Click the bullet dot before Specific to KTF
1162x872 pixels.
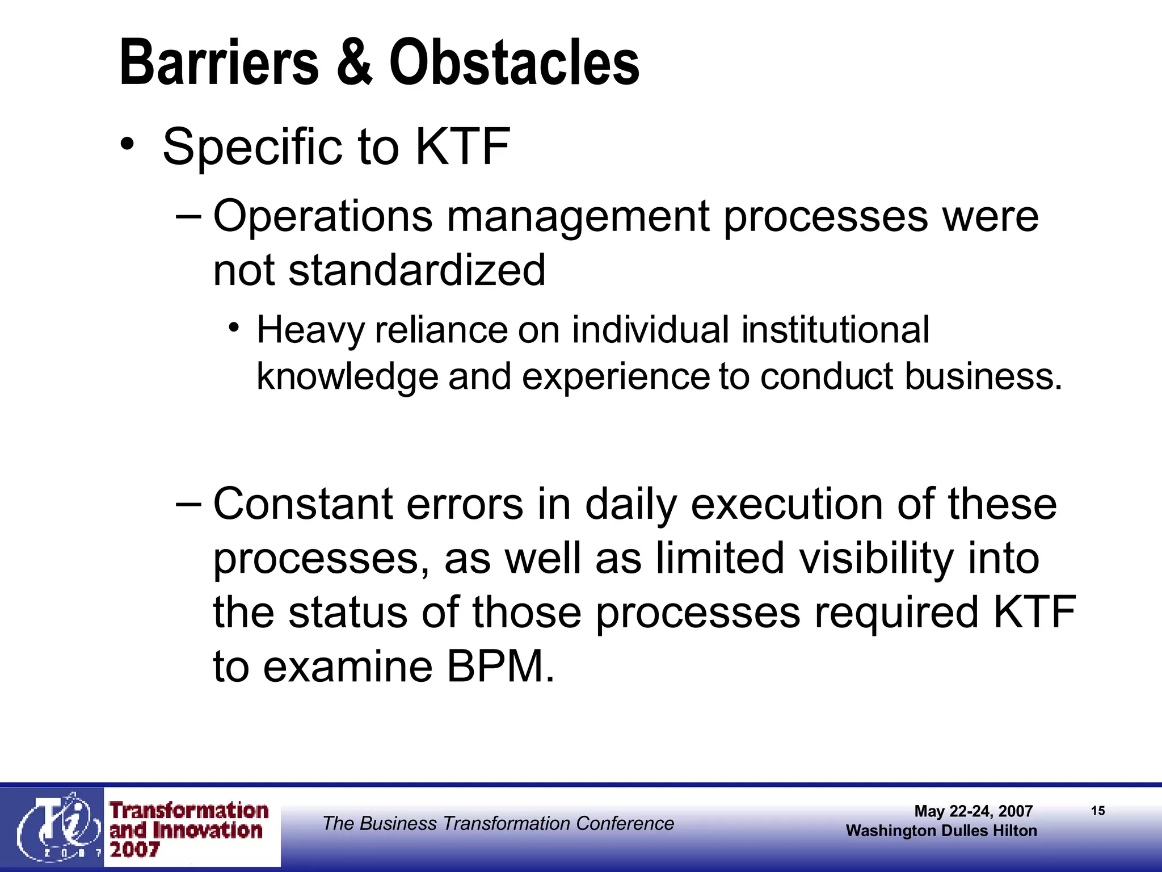pyautogui.click(x=128, y=143)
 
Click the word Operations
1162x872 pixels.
pyautogui.click(x=322, y=217)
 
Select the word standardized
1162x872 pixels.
pyautogui.click(x=417, y=270)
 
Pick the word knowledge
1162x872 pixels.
pyautogui.click(x=347, y=377)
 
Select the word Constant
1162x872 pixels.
pyautogui.click(x=303, y=504)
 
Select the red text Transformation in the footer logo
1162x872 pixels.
pyautogui.click(x=189, y=810)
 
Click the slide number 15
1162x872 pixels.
pyautogui.click(x=1098, y=811)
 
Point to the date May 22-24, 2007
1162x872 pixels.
pyautogui.click(x=973, y=811)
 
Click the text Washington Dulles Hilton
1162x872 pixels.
pyautogui.click(x=941, y=831)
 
